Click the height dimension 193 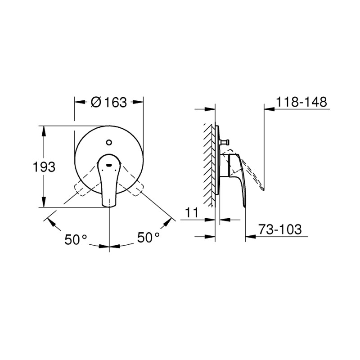(44, 167)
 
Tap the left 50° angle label (75, 239)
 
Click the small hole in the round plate (108, 144)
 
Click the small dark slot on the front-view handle (108, 165)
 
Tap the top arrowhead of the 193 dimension (44, 129)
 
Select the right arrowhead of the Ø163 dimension (139, 102)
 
